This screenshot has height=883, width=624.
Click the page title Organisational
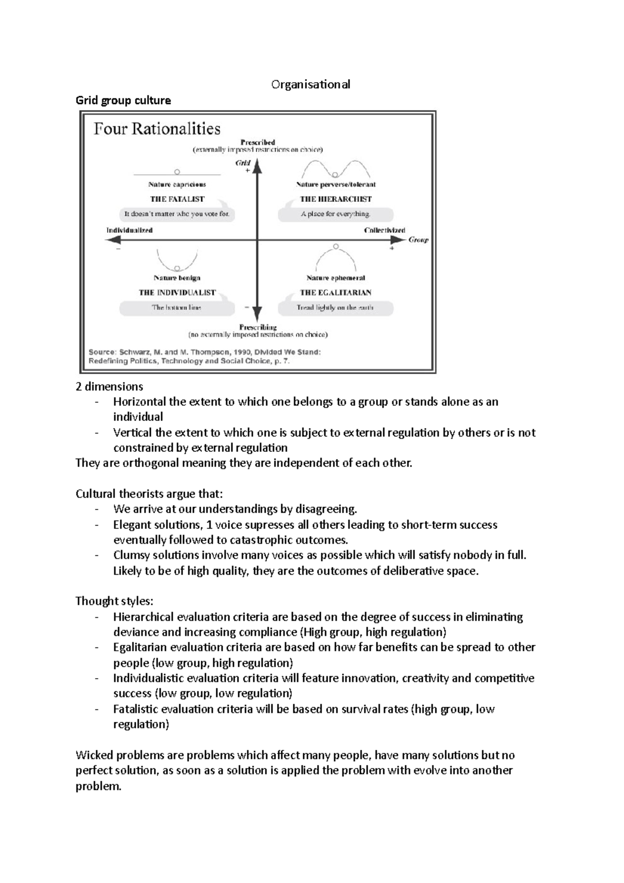[310, 84]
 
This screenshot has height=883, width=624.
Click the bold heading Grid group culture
[123, 100]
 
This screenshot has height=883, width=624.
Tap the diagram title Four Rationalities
[157, 129]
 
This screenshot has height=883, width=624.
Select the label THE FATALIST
[177, 199]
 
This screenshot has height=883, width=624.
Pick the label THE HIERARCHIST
[335, 199]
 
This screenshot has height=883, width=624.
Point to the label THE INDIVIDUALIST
[177, 293]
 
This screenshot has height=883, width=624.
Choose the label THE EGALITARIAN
[335, 293]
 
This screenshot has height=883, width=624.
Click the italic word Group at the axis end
[418, 240]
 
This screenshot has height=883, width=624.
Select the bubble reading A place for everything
[335, 214]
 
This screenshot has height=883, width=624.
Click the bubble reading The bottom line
[177, 307]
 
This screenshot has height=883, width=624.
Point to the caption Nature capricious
[177, 184]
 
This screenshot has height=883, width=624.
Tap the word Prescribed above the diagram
[257, 142]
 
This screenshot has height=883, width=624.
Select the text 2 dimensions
[109, 387]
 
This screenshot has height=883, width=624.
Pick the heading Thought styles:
[114, 601]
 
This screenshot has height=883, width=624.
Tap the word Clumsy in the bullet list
[130, 555]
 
